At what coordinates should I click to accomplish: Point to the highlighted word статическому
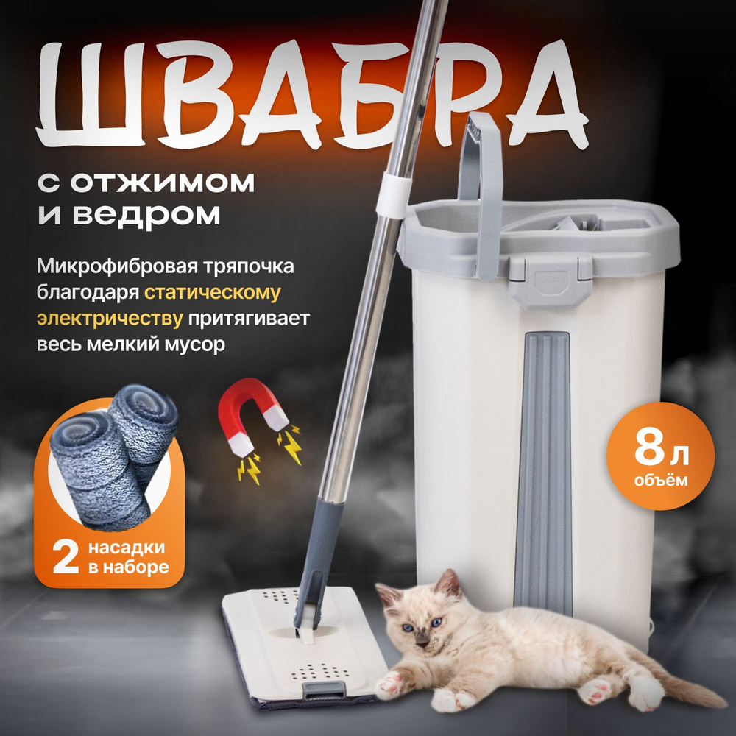213,291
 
